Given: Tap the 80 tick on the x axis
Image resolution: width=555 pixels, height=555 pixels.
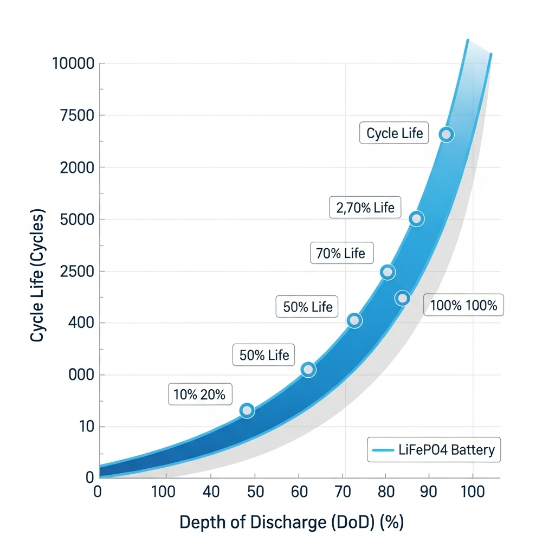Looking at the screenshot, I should coord(386,492).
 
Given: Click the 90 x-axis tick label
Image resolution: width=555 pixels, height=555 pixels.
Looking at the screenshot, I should coord(429,492).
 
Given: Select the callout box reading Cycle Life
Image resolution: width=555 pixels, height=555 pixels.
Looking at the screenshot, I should coord(394,133).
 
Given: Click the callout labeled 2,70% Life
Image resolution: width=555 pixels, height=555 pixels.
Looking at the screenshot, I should coord(365,207).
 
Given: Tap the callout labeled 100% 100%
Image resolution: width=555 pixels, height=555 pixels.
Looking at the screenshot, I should coord(463,305).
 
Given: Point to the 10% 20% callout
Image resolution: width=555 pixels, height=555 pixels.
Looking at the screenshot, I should coord(199,394).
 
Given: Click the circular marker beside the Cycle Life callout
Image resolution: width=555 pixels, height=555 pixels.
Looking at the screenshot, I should coord(446,134).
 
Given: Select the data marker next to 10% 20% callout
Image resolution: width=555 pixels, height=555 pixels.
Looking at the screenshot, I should coord(247,410).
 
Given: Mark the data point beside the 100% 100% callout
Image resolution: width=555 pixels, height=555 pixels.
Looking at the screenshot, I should coord(402,298).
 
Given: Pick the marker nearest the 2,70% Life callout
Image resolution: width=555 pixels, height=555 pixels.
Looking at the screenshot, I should coord(416,219).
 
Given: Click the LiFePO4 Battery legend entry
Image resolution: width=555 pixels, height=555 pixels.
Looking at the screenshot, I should coord(434,450).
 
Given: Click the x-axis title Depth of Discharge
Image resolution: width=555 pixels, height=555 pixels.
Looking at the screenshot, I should coord(292,522).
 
